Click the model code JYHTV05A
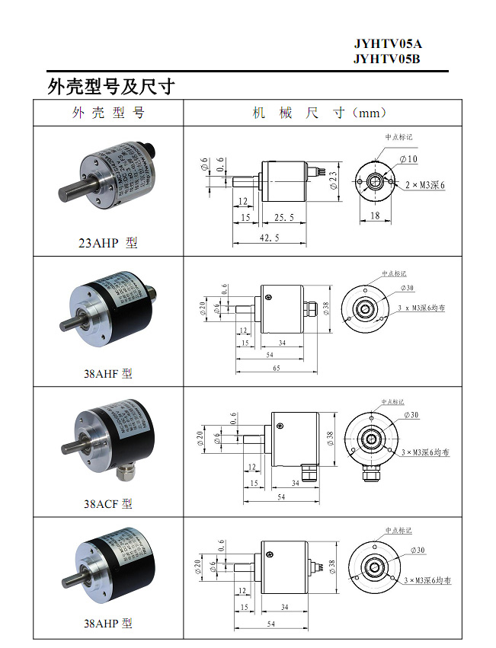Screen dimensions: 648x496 click(386, 44)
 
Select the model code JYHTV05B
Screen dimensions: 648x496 click(386, 59)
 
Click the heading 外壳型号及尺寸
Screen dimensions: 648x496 click(110, 86)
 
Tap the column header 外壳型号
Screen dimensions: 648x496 click(108, 113)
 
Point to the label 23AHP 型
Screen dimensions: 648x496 click(108, 244)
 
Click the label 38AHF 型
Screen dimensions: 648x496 click(108, 374)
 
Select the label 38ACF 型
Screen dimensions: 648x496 click(108, 504)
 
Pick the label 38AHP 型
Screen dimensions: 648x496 click(108, 623)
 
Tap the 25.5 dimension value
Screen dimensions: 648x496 click(283, 218)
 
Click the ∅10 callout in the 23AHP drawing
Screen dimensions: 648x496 click(408, 159)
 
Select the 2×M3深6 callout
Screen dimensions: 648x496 click(424, 185)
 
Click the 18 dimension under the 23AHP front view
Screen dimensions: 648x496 click(375, 216)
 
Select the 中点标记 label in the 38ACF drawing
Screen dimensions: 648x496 click(392, 402)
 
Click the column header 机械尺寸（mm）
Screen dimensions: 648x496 click(320, 113)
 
